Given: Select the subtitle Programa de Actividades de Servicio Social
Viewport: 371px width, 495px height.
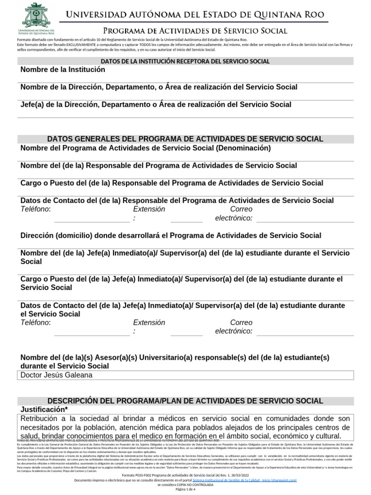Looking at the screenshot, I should [x=195, y=31].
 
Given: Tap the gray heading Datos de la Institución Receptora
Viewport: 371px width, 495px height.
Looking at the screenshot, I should [x=185, y=61].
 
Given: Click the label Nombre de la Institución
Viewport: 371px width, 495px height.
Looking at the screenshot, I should [x=63, y=70].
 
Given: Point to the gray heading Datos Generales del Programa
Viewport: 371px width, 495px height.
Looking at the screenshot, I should [x=185, y=139].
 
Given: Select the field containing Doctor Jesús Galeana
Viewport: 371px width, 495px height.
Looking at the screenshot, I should [x=185, y=375].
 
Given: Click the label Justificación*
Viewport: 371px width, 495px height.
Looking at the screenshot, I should [x=43, y=409].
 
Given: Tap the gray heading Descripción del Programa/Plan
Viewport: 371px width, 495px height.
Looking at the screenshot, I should [x=185, y=401].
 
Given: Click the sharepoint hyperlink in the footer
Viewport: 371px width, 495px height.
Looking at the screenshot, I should [x=244, y=480].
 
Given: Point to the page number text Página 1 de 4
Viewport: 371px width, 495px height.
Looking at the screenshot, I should [x=185, y=490].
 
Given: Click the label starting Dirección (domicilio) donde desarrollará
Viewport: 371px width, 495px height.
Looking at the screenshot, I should [x=171, y=235].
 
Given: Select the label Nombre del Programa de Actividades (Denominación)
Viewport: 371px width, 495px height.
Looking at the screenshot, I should [x=145, y=148].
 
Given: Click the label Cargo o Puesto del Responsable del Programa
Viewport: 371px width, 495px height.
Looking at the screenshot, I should [x=171, y=183].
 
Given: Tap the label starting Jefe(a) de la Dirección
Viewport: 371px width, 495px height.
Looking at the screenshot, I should [x=156, y=104].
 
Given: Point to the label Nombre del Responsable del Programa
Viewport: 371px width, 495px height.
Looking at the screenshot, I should [x=158, y=166].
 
